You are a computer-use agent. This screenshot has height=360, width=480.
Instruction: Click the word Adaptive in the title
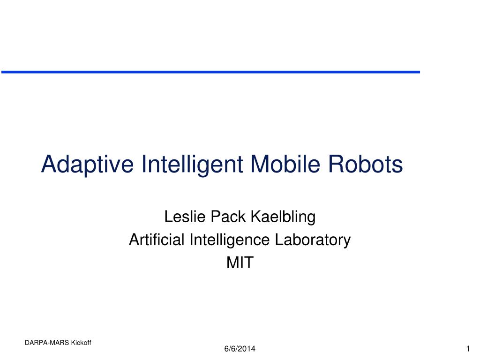pyautogui.click(x=88, y=165)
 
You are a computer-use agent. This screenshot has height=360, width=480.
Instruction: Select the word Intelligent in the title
pyautogui.click(x=192, y=165)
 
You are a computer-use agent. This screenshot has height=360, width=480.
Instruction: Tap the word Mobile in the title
pyautogui.click(x=285, y=164)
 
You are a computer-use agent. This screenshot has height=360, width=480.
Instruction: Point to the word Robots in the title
pyautogui.click(x=365, y=164)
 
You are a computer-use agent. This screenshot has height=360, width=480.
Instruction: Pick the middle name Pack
pyautogui.click(x=228, y=217)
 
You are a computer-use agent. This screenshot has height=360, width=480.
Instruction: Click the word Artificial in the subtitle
pyautogui.click(x=157, y=240)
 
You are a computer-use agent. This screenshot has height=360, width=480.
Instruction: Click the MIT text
pyautogui.click(x=240, y=262)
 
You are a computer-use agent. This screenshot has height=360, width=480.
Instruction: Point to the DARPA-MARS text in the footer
pyautogui.click(x=47, y=343)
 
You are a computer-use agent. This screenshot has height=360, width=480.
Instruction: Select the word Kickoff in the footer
pyautogui.click(x=81, y=343)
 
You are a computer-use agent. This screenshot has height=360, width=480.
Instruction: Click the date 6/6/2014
pyautogui.click(x=240, y=349)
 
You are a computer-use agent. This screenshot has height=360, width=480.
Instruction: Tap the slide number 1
pyautogui.click(x=468, y=349)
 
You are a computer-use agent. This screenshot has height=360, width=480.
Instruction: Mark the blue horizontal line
pyautogui.click(x=210, y=72)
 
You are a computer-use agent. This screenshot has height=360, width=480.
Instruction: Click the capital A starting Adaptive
pyautogui.click(x=49, y=164)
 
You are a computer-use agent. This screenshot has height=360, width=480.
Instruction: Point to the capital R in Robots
pyautogui.click(x=336, y=164)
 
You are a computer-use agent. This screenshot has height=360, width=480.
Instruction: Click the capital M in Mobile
pyautogui.click(x=260, y=164)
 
